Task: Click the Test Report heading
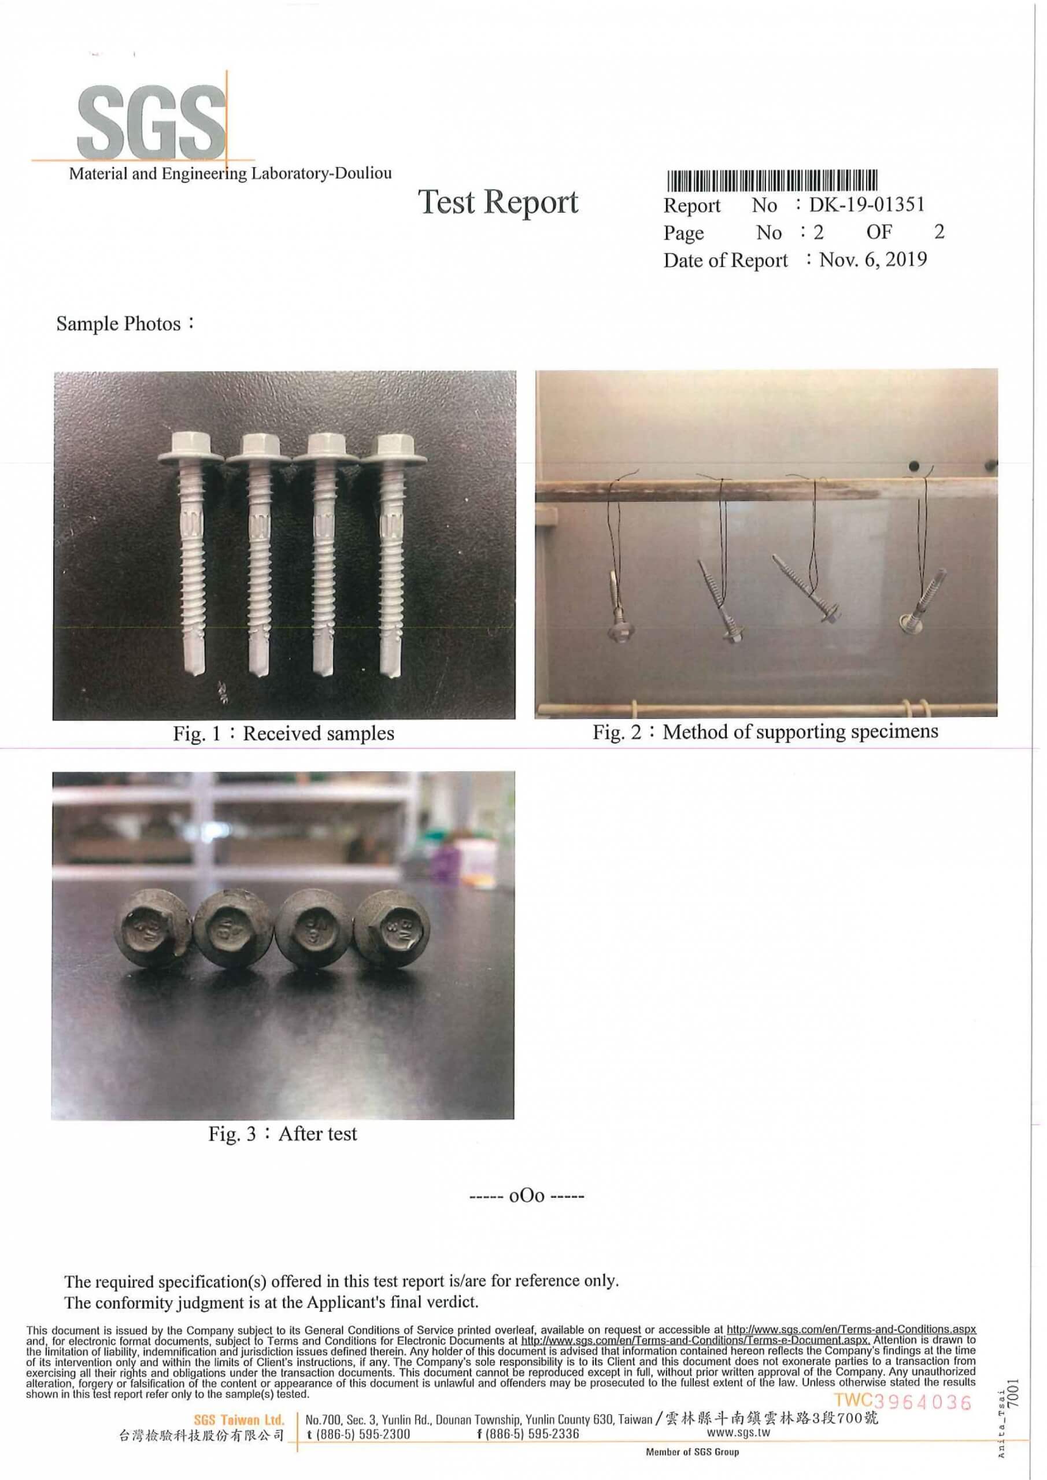tap(498, 202)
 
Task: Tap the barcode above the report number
tap(772, 180)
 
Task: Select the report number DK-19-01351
tap(867, 205)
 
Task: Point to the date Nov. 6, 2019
tap(873, 259)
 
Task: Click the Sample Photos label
tap(124, 323)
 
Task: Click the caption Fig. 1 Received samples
tap(284, 733)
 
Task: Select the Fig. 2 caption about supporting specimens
tap(765, 732)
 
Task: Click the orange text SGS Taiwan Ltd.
tap(239, 1419)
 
